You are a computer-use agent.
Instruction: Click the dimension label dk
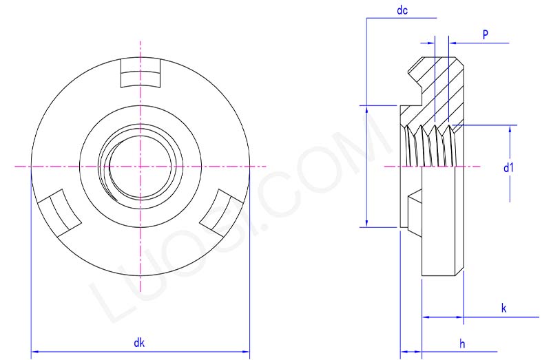pos(141,342)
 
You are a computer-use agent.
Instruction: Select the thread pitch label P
pos(486,34)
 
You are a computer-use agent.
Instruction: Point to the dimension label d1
pos(508,167)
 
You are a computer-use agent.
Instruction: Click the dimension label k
pos(503,308)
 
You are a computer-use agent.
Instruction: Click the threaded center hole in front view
pos(140,167)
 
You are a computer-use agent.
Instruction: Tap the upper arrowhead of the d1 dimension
pos(510,130)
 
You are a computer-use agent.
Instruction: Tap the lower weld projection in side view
pos(413,213)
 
